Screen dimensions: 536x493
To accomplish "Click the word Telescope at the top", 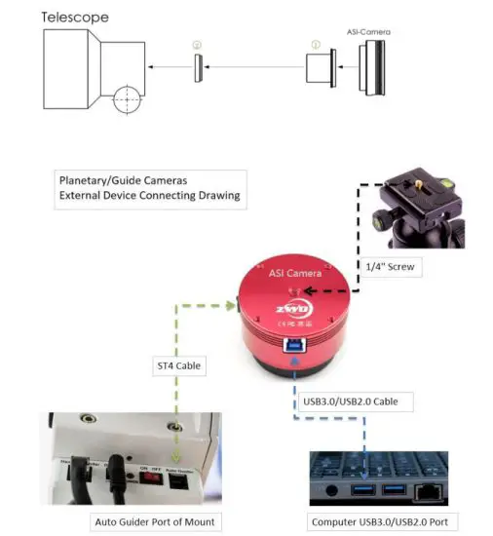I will [74, 17].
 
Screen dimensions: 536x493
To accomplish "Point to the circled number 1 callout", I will [314, 45].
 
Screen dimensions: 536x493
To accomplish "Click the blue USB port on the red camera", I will [293, 344].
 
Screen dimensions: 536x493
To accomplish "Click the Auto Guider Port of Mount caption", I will [154, 520].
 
